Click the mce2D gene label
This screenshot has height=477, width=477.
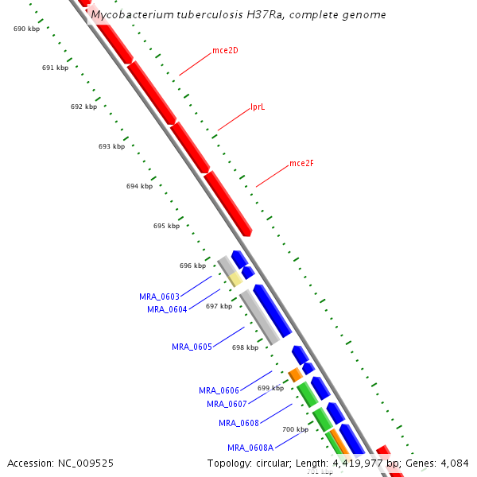(225, 51)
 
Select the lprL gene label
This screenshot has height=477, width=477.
(258, 107)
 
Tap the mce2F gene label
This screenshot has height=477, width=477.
(301, 164)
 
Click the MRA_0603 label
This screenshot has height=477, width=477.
(159, 297)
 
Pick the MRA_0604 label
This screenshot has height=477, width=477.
(167, 309)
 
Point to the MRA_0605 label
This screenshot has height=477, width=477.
(192, 347)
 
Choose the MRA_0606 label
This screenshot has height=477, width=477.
(219, 390)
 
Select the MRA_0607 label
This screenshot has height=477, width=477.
(227, 404)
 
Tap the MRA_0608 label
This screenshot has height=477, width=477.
(238, 423)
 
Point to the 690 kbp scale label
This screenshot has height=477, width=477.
(27, 29)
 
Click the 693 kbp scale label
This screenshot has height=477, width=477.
(111, 146)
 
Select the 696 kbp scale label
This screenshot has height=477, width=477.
(192, 266)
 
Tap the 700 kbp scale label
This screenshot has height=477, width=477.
(295, 429)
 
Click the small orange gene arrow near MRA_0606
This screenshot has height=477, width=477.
(295, 374)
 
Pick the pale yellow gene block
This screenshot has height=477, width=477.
(235, 279)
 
